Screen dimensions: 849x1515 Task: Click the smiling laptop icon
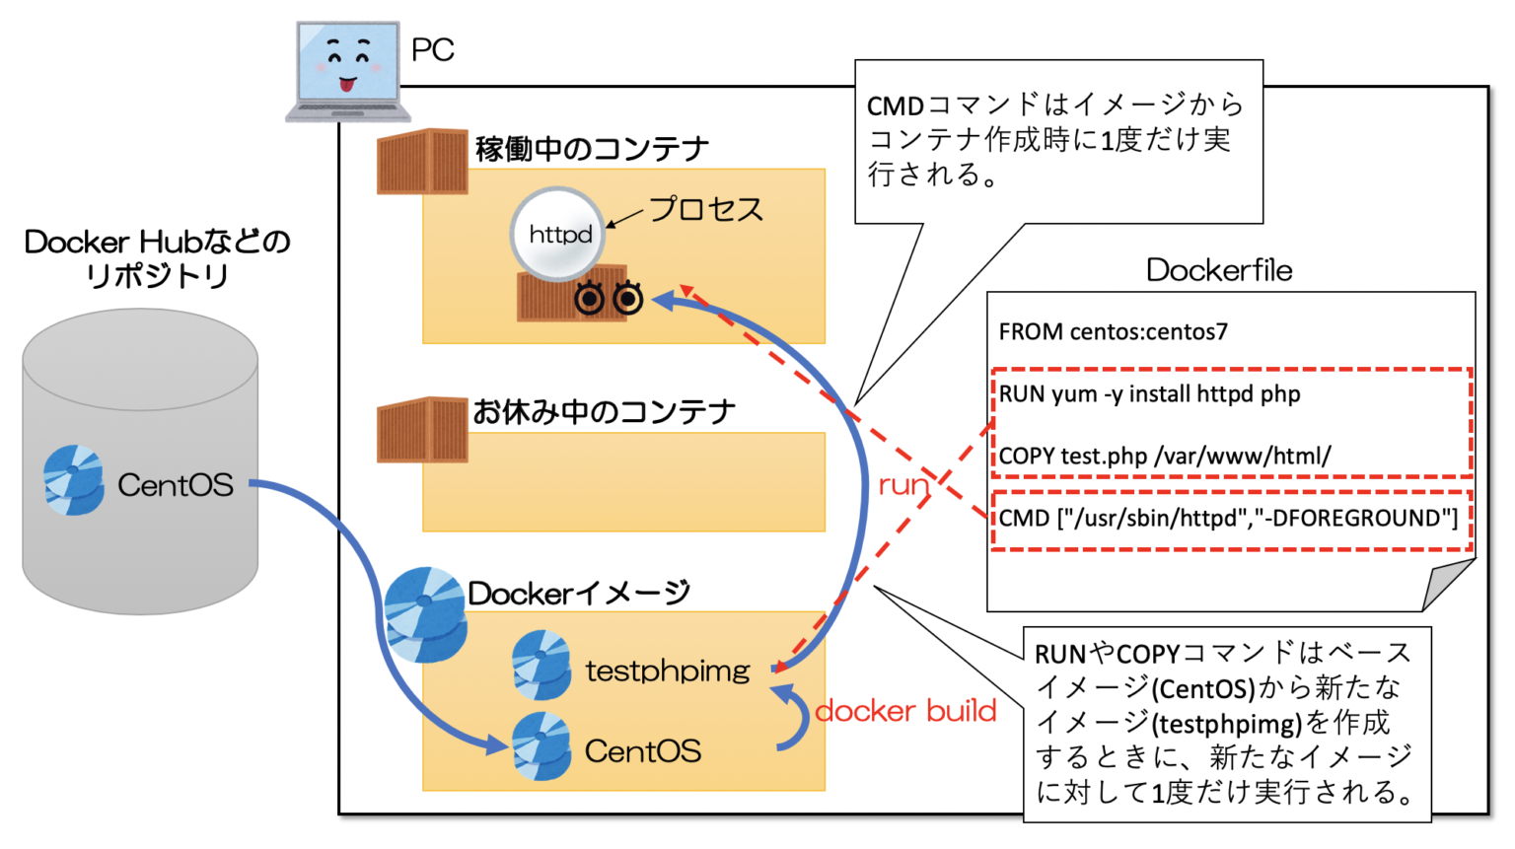(x=347, y=71)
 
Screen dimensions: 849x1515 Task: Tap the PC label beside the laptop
(x=432, y=50)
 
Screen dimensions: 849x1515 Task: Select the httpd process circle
(x=558, y=235)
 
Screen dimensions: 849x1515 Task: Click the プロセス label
(x=706, y=209)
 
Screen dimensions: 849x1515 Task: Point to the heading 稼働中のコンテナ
(x=592, y=149)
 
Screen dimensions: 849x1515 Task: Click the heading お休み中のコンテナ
(x=604, y=411)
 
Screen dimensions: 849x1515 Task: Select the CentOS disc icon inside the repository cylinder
(x=74, y=480)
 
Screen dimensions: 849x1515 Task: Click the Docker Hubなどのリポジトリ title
(x=157, y=258)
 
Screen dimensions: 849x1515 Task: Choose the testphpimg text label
(x=668, y=671)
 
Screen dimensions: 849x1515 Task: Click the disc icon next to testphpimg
(x=541, y=666)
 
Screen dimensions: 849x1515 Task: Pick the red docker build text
(x=905, y=711)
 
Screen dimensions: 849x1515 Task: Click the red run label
(x=903, y=484)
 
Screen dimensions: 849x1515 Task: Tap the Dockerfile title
(x=1219, y=270)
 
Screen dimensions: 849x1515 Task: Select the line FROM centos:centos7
(x=1113, y=332)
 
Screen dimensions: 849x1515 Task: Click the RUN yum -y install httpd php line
(x=1149, y=394)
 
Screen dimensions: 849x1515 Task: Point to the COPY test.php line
(x=1164, y=457)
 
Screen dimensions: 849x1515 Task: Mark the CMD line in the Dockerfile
(x=1228, y=519)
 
